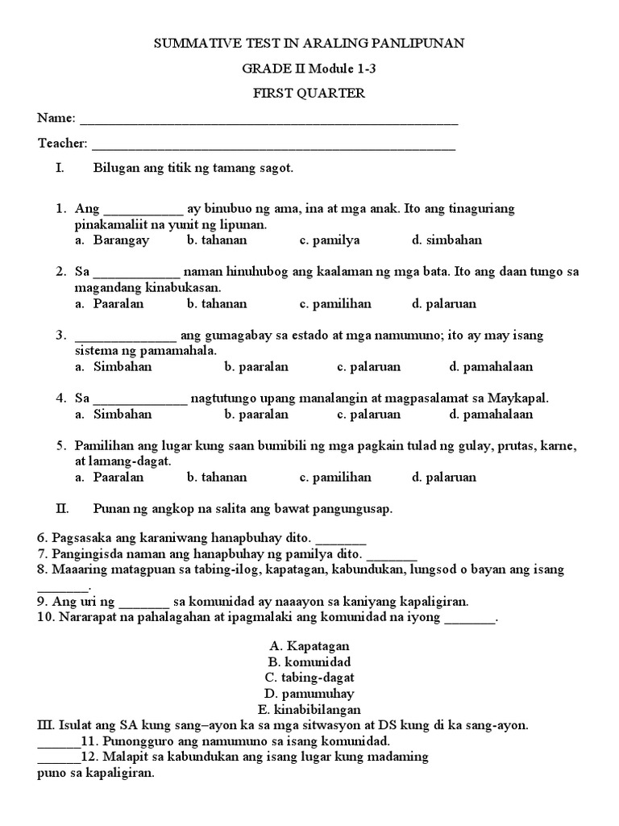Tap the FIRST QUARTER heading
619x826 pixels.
point(309,94)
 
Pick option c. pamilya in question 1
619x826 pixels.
point(330,240)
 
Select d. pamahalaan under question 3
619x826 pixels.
point(492,367)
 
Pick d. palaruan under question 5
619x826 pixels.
point(444,478)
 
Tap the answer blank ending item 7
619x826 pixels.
point(392,555)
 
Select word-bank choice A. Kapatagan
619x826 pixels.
point(309,647)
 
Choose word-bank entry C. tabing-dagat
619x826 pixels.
point(309,678)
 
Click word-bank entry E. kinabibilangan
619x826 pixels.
point(309,709)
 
